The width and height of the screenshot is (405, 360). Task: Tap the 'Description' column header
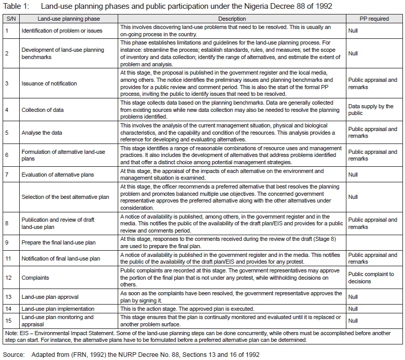[x=232, y=19]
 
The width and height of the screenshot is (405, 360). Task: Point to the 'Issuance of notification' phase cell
[x=49, y=83]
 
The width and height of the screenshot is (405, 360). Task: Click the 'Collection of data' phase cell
[x=44, y=110]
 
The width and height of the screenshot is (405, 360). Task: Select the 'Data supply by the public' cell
[x=371, y=110]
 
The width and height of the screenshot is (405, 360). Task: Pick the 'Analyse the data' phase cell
[x=42, y=133]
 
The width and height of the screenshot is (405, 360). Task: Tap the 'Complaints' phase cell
[x=35, y=278]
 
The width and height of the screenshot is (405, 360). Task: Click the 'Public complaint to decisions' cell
[x=371, y=278]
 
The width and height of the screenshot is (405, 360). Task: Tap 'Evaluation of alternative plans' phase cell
[x=58, y=175]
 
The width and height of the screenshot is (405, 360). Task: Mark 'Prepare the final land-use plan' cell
[x=59, y=242]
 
